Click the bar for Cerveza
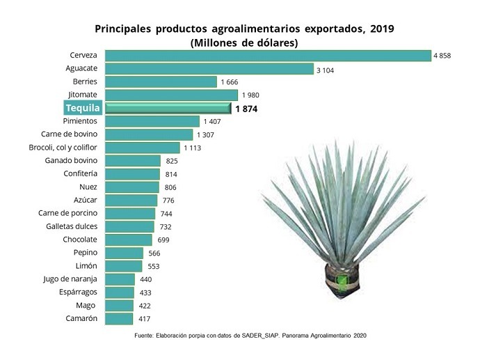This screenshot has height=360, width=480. coord(267,55)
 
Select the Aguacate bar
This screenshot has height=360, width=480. coord(209,68)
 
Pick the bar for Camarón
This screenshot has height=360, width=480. coord(119,318)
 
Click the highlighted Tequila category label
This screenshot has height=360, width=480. coord(83,108)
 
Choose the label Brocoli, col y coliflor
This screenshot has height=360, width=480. coord(67,148)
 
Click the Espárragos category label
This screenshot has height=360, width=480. coord(77,292)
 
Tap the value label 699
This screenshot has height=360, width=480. coord(163,240)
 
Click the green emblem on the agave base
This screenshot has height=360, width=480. coord(342,281)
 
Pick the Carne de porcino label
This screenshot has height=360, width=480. coord(67,213)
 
